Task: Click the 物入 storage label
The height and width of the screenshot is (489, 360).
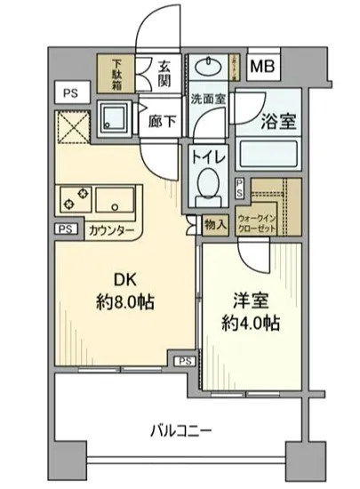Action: point(215,226)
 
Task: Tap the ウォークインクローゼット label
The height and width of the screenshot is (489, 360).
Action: point(268,221)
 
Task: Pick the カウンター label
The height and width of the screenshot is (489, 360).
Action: point(112,231)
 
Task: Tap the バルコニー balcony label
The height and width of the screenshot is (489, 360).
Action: point(180,431)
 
